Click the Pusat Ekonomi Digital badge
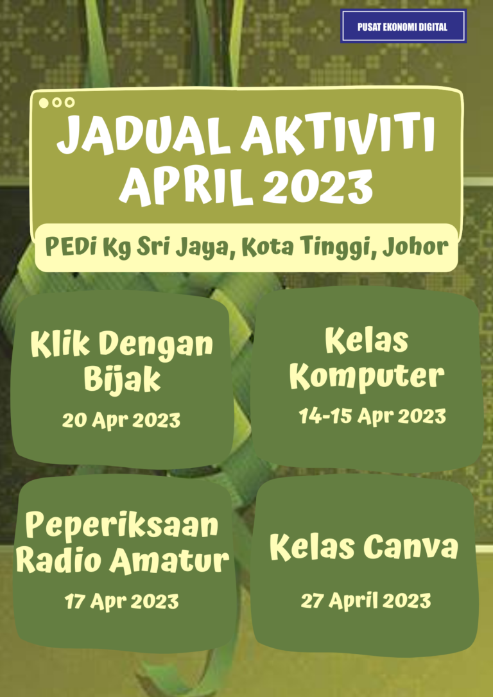(x=403, y=27)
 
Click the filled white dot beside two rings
(x=44, y=102)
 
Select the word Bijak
(x=122, y=380)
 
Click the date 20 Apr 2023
(x=121, y=420)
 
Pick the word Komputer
(x=367, y=377)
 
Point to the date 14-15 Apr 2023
(x=372, y=416)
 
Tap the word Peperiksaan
(x=122, y=527)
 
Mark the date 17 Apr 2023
(x=121, y=601)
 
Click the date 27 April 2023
(x=366, y=601)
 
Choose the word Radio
(x=59, y=561)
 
